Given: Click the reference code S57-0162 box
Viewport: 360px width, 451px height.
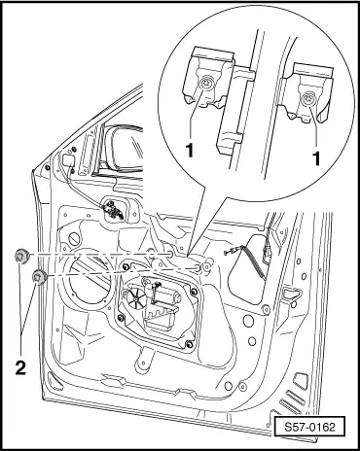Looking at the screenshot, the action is [x=309, y=427].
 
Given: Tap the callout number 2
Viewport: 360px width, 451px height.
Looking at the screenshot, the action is [x=20, y=367].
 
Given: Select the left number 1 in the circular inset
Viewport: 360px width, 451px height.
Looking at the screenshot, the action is [x=189, y=151].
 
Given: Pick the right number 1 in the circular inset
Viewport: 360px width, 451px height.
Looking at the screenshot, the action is [x=316, y=158].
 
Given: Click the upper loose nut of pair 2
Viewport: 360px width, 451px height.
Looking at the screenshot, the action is [x=22, y=256].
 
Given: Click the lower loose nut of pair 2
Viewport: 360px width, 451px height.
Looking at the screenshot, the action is [x=40, y=276].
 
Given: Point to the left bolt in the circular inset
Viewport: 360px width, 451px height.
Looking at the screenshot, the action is [x=205, y=85].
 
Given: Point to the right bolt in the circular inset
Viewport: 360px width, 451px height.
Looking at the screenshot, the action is [x=306, y=100].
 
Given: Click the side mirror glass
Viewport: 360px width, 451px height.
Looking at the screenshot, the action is [x=127, y=148].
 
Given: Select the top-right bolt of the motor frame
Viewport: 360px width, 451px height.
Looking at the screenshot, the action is [x=194, y=292].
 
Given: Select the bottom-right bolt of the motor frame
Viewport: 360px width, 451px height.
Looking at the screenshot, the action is [x=188, y=344].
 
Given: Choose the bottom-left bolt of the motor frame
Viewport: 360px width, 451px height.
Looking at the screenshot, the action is [x=121, y=318].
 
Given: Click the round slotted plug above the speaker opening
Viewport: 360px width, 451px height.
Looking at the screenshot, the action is [x=74, y=239].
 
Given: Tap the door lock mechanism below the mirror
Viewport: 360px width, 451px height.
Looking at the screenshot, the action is [x=113, y=210].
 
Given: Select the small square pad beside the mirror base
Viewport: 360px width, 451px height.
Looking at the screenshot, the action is [x=68, y=160].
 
